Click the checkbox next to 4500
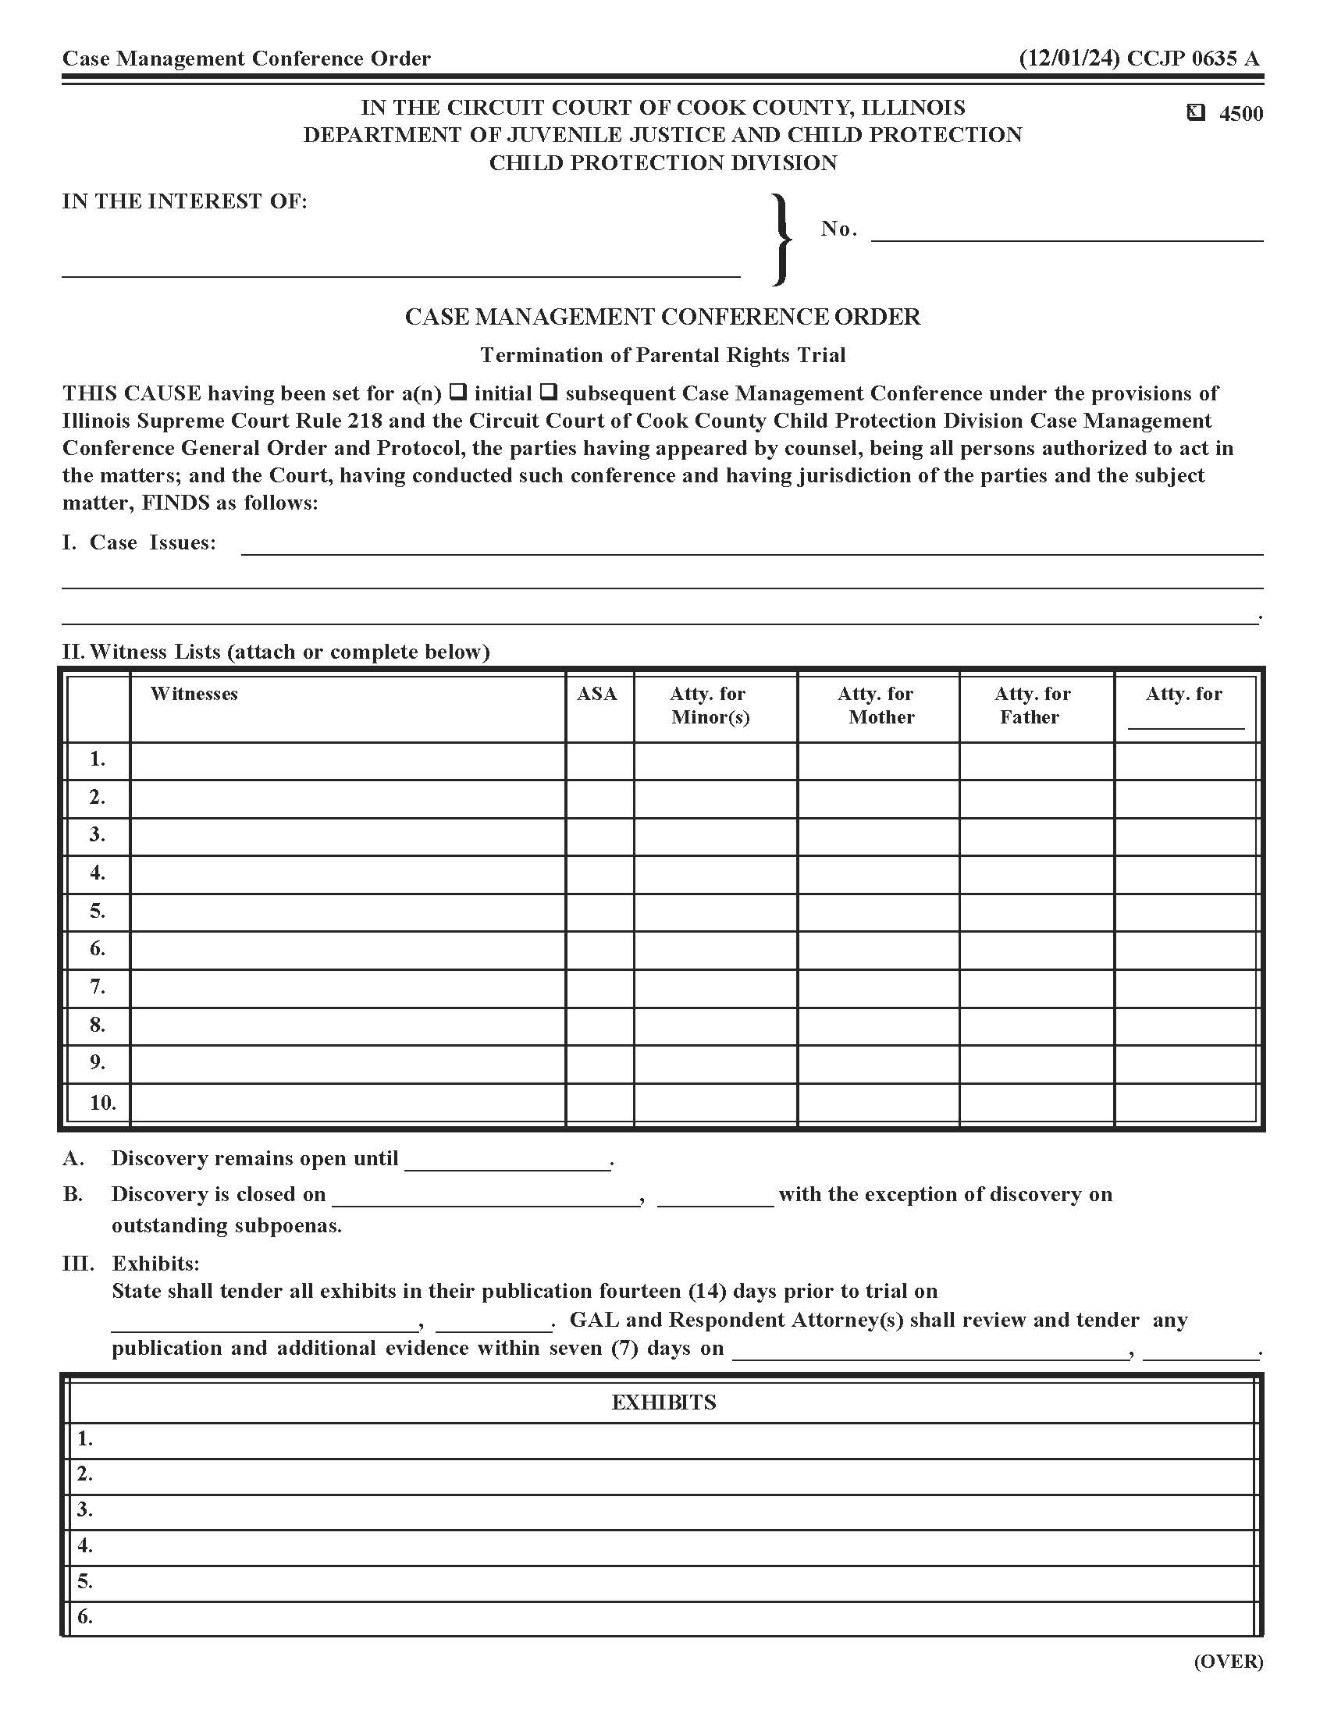pyautogui.click(x=1195, y=113)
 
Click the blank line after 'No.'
pyautogui.click(x=1066, y=231)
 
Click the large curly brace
pyautogui.click(x=781, y=239)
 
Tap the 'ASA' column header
pyautogui.click(x=597, y=694)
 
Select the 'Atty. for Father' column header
pyautogui.click(x=1031, y=706)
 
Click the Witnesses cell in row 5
pyautogui.click(x=347, y=912)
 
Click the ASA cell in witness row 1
pyautogui.click(x=599, y=760)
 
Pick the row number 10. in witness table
pyautogui.click(x=101, y=1102)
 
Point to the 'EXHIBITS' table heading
pyautogui.click(x=663, y=1402)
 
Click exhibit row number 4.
pyautogui.click(x=85, y=1545)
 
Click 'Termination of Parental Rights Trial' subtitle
pyautogui.click(x=663, y=355)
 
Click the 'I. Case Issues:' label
pyautogui.click(x=138, y=542)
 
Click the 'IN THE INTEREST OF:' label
pyautogui.click(x=185, y=201)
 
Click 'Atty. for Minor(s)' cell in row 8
pyautogui.click(x=714, y=1026)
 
